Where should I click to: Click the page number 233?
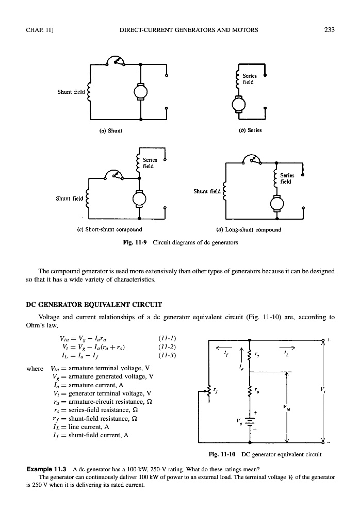(x=330, y=29)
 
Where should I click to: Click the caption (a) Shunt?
(x=111, y=130)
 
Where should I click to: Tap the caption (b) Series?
(x=251, y=130)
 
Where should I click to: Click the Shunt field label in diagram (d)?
(x=207, y=191)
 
